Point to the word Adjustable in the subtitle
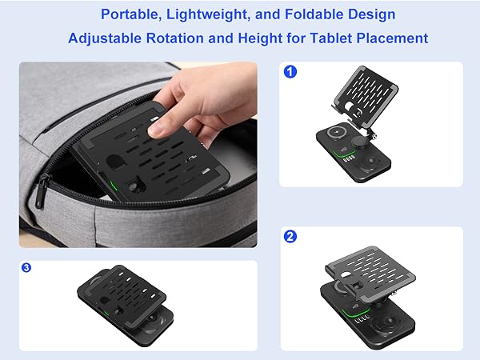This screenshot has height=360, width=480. (105, 38)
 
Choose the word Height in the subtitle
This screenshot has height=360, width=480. (260, 38)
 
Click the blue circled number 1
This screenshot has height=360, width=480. (290, 72)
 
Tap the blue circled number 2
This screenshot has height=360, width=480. (290, 236)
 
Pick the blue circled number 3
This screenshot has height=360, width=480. (26, 267)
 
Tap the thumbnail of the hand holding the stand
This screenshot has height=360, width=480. (138, 154)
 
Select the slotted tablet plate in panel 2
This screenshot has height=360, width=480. (370, 269)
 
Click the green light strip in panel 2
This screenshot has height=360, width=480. (355, 313)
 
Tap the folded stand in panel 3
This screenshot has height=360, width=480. (126, 306)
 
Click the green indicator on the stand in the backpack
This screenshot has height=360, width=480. (114, 186)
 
